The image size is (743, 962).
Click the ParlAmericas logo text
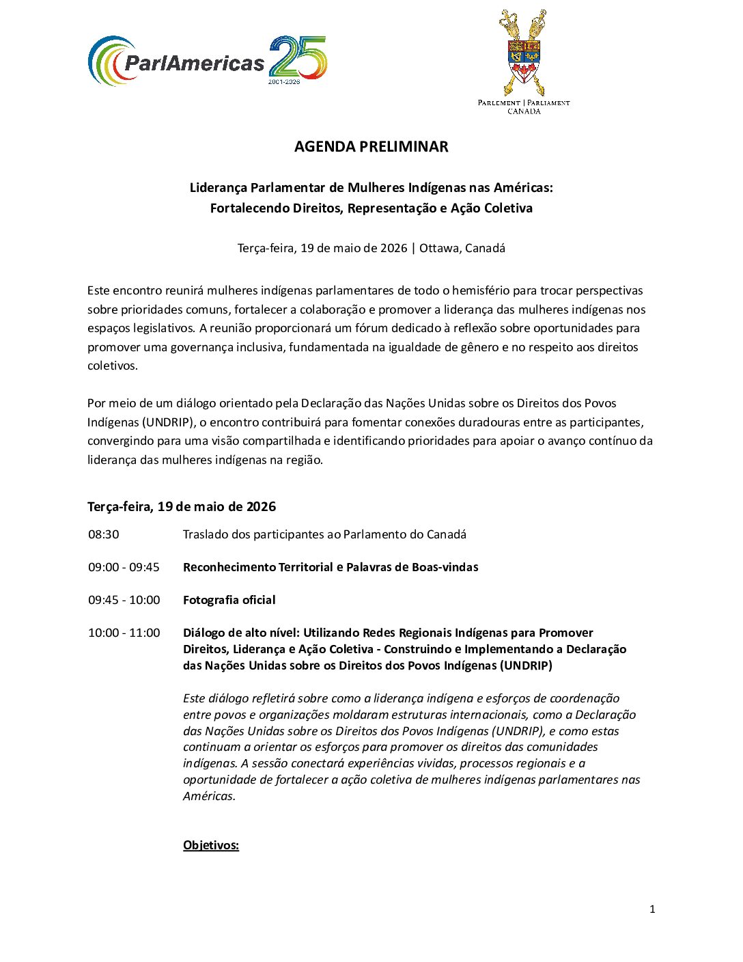pos(194,64)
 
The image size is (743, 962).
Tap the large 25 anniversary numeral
pos(298,56)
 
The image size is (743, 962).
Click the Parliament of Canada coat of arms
pos(524,53)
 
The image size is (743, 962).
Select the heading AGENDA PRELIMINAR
pos(371,147)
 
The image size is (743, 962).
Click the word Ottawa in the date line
pos(438,248)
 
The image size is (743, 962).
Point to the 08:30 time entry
pos(103,534)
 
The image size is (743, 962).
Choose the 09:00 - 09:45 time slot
pos(124,567)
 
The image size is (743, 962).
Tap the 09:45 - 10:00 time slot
pos(124,600)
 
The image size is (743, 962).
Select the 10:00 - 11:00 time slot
pos(124,633)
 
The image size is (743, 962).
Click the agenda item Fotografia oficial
pos(229,600)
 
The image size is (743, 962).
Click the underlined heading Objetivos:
pos(210,845)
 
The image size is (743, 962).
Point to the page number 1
pos(652,909)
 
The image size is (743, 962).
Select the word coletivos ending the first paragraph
pos(112,366)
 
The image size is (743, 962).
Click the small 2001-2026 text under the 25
pos(283,81)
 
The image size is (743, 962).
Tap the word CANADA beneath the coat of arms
pos(524,111)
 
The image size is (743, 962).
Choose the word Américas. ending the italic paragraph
pos(208,796)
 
